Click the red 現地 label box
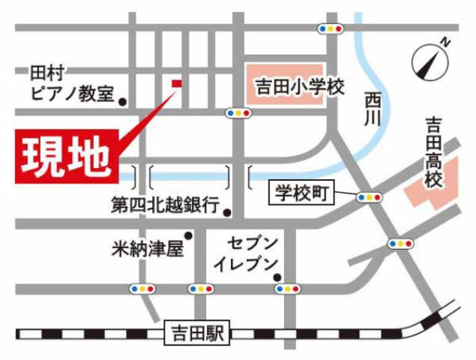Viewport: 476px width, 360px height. (66, 155)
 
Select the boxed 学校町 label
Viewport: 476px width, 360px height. (301, 194)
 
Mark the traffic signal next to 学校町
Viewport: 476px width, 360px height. (369, 197)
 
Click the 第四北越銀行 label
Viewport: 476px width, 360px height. (164, 203)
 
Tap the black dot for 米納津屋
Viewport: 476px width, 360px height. (189, 237)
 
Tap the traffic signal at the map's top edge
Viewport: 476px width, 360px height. (331, 28)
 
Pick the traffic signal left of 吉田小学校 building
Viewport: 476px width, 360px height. (238, 113)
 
